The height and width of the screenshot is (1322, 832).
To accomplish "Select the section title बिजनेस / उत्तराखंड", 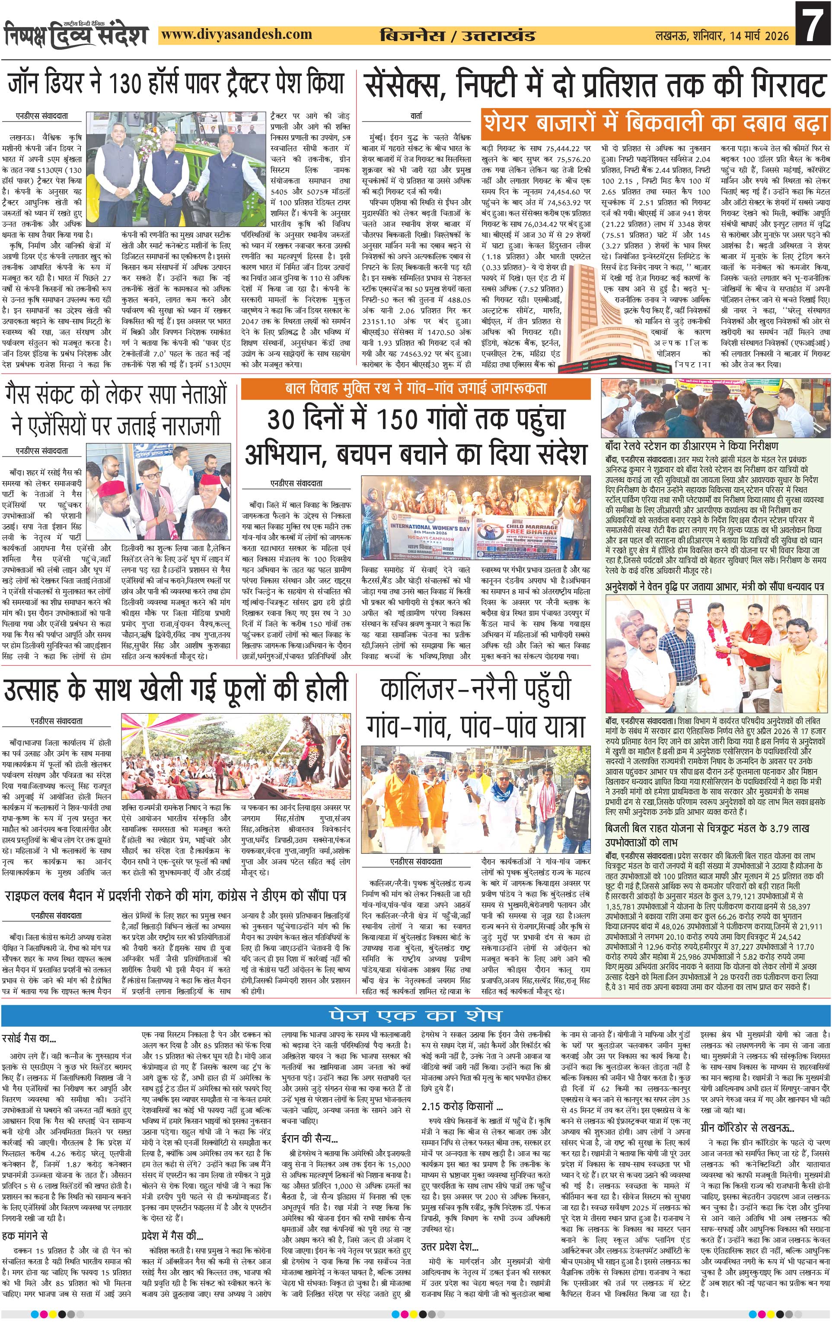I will click(x=457, y=36).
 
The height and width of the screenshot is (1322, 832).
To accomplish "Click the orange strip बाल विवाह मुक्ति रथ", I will click(x=415, y=389).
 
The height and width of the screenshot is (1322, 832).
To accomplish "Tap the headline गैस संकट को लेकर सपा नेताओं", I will click(x=116, y=394).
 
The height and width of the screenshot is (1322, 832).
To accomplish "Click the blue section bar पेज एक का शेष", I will click(x=415, y=1015).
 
